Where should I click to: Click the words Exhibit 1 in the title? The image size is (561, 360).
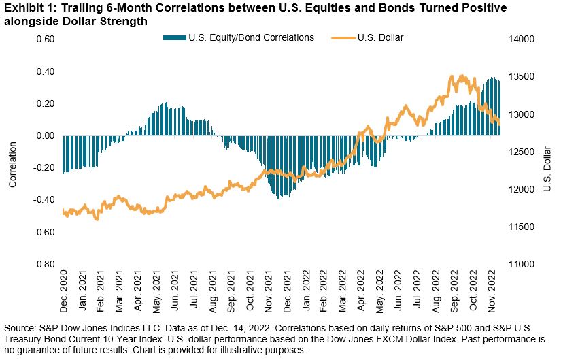tap(24, 8)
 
